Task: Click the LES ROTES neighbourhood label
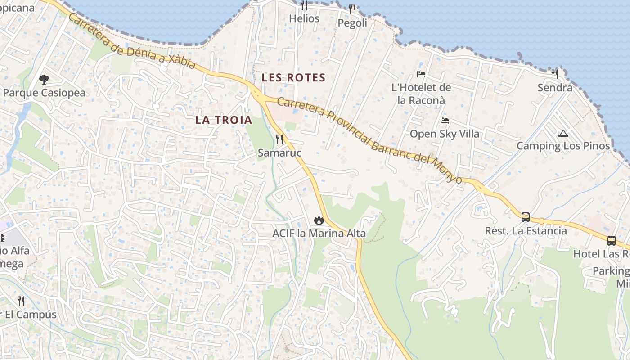[293, 77]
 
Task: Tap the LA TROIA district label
[224, 120]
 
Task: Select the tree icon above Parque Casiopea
[44, 80]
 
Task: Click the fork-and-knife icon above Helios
[304, 5]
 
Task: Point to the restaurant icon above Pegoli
[352, 9]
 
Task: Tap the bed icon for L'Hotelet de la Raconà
[421, 74]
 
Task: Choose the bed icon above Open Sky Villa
[445, 121]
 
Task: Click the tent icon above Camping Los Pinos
[563, 133]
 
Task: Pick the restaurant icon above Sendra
[555, 74]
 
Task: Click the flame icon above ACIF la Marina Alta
[319, 220]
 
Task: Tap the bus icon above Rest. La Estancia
[525, 217]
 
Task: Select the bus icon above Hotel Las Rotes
[611, 241]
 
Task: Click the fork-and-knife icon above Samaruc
[279, 139]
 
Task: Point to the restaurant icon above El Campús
[21, 301]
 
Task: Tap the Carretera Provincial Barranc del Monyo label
[369, 140]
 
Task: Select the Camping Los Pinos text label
[563, 146]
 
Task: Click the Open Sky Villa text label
[445, 134]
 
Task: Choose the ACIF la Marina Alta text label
[319, 234]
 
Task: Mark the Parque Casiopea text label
[44, 93]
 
